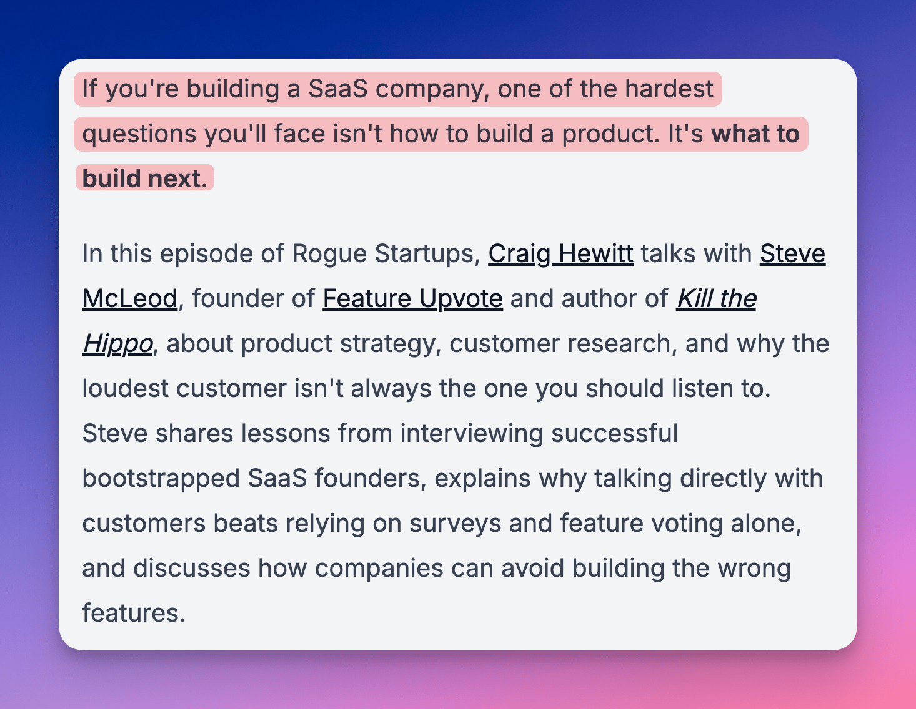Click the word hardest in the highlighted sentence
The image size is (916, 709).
[x=669, y=89]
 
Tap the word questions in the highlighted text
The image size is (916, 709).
[x=139, y=135]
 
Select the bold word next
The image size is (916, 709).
[x=178, y=178]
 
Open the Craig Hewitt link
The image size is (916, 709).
[x=560, y=253]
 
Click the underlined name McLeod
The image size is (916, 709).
[x=130, y=298]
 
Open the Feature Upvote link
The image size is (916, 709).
[x=412, y=298]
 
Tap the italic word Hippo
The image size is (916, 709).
[x=117, y=343]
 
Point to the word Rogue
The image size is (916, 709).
[x=329, y=254]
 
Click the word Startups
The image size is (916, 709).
[x=427, y=254]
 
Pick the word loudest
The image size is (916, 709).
[x=125, y=388]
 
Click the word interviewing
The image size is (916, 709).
[x=472, y=433]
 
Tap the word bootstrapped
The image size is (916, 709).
[x=161, y=478]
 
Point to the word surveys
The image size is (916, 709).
[x=455, y=524]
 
